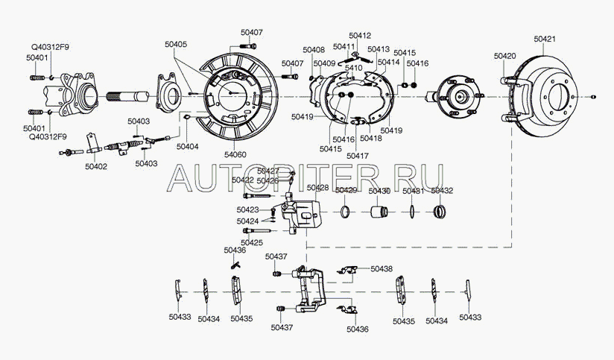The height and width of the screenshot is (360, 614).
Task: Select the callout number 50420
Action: pos(506,56)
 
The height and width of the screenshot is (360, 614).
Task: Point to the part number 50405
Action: pos(177,45)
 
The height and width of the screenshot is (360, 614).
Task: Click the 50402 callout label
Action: pos(95,166)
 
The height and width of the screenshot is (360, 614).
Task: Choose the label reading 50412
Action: pos(360,36)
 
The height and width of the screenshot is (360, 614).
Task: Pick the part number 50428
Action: pos(318,188)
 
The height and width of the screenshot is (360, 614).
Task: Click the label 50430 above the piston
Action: pos(380,191)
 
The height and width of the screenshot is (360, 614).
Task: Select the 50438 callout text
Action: pos(381,268)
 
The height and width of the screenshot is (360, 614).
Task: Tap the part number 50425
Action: pos(252,243)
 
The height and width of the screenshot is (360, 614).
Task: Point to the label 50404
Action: pos(188,147)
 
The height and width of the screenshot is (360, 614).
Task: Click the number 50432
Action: pos(441,191)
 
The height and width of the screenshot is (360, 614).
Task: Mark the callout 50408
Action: pos(314,49)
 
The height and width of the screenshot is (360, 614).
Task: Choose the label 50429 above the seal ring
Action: pos(346,191)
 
